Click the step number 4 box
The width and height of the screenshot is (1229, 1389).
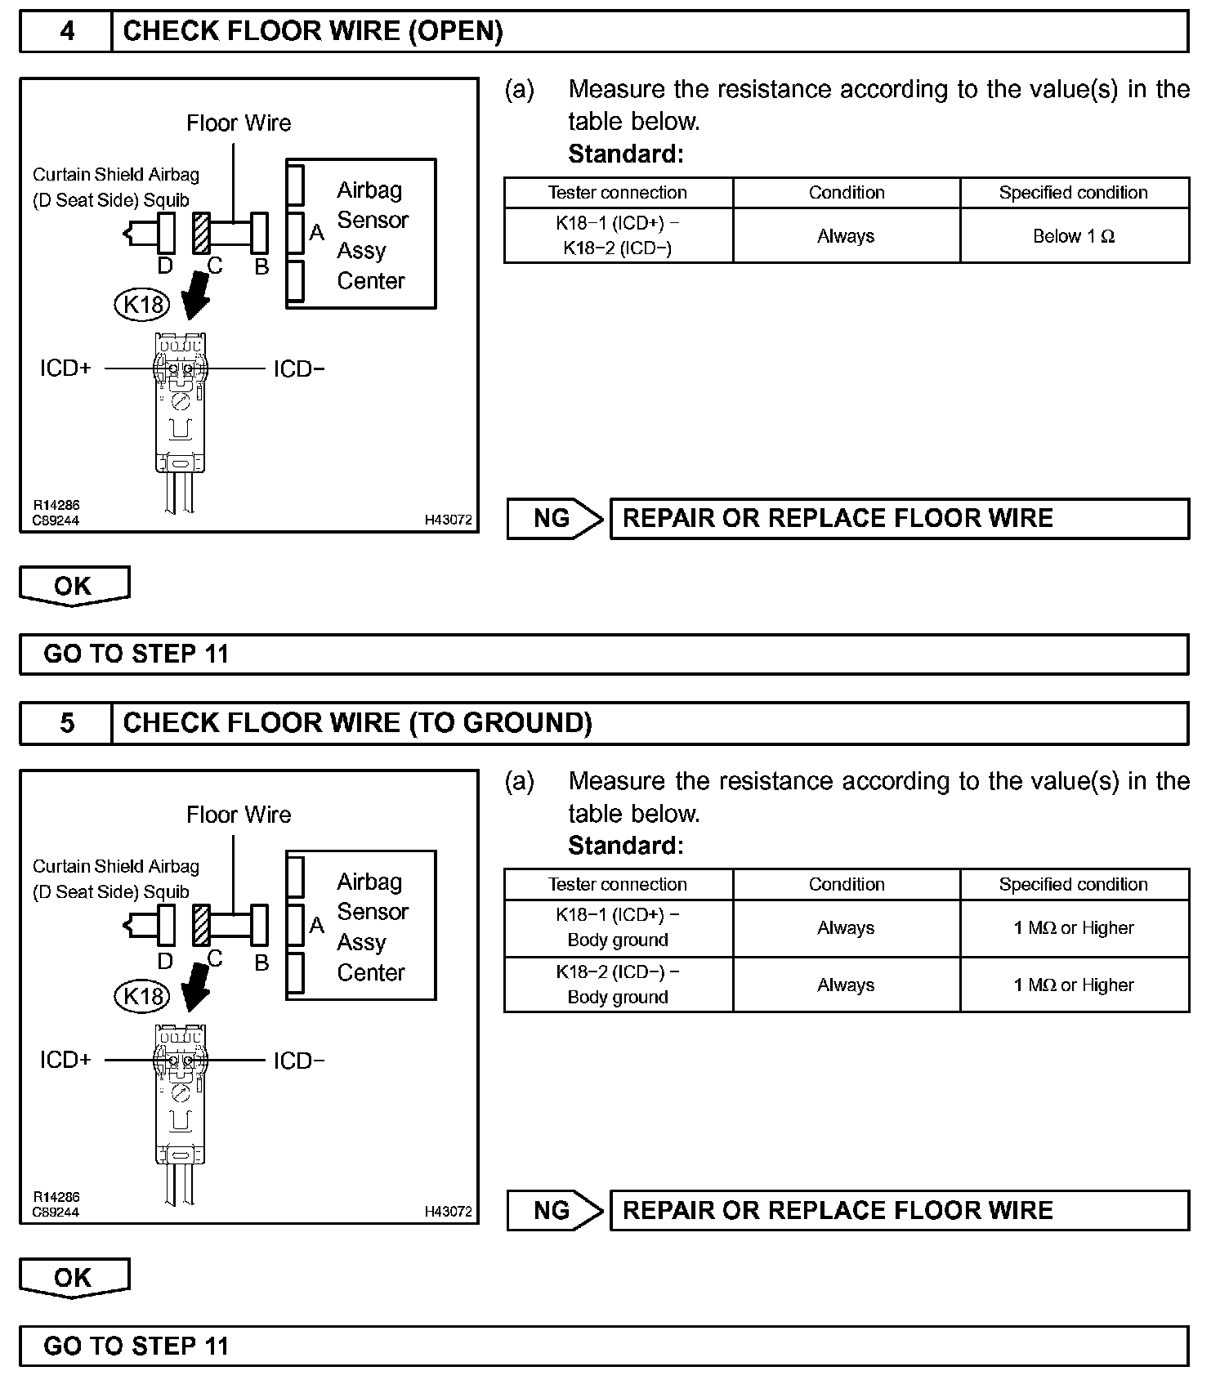coord(66,32)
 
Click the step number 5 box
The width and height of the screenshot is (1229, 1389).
coord(66,723)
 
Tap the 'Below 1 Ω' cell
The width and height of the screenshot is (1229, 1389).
coord(1074,236)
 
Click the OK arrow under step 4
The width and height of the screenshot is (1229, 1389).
coord(74,586)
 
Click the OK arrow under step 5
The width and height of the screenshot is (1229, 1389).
coord(74,1278)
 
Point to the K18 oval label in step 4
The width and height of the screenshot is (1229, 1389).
coord(143,305)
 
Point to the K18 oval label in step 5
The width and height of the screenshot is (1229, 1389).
coord(143,996)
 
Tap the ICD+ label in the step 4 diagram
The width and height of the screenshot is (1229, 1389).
coord(65,368)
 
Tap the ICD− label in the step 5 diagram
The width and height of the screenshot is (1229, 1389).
coord(298,1061)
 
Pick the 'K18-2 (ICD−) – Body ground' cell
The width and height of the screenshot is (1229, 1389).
coord(618,985)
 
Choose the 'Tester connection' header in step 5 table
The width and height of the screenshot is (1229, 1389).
coord(618,885)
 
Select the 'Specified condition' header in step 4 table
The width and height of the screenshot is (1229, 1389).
coord(1073,193)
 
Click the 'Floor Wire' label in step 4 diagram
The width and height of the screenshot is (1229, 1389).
coord(239,123)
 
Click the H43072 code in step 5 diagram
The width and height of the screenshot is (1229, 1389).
coord(448,1212)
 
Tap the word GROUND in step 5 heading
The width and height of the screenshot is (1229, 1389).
coord(520,723)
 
